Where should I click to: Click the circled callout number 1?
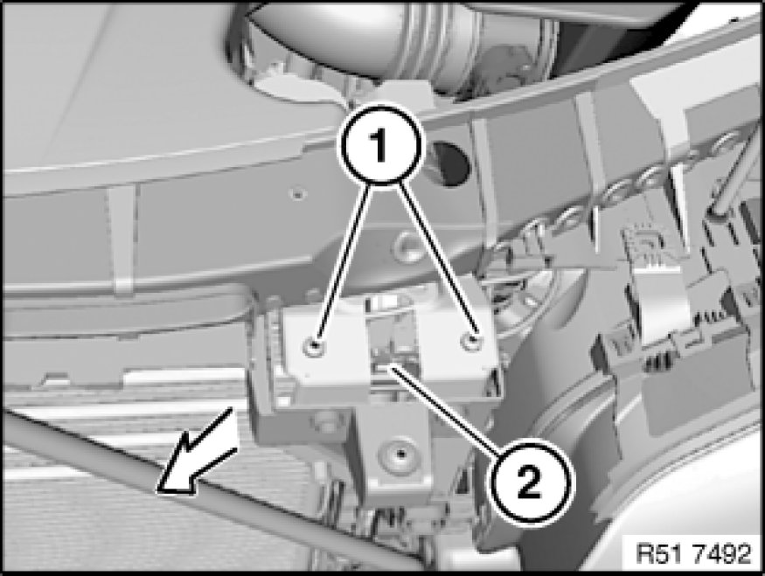click(x=380, y=144)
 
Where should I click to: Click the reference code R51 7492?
click(x=694, y=553)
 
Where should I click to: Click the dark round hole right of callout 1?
click(x=450, y=163)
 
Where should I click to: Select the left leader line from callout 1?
click(x=343, y=261)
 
